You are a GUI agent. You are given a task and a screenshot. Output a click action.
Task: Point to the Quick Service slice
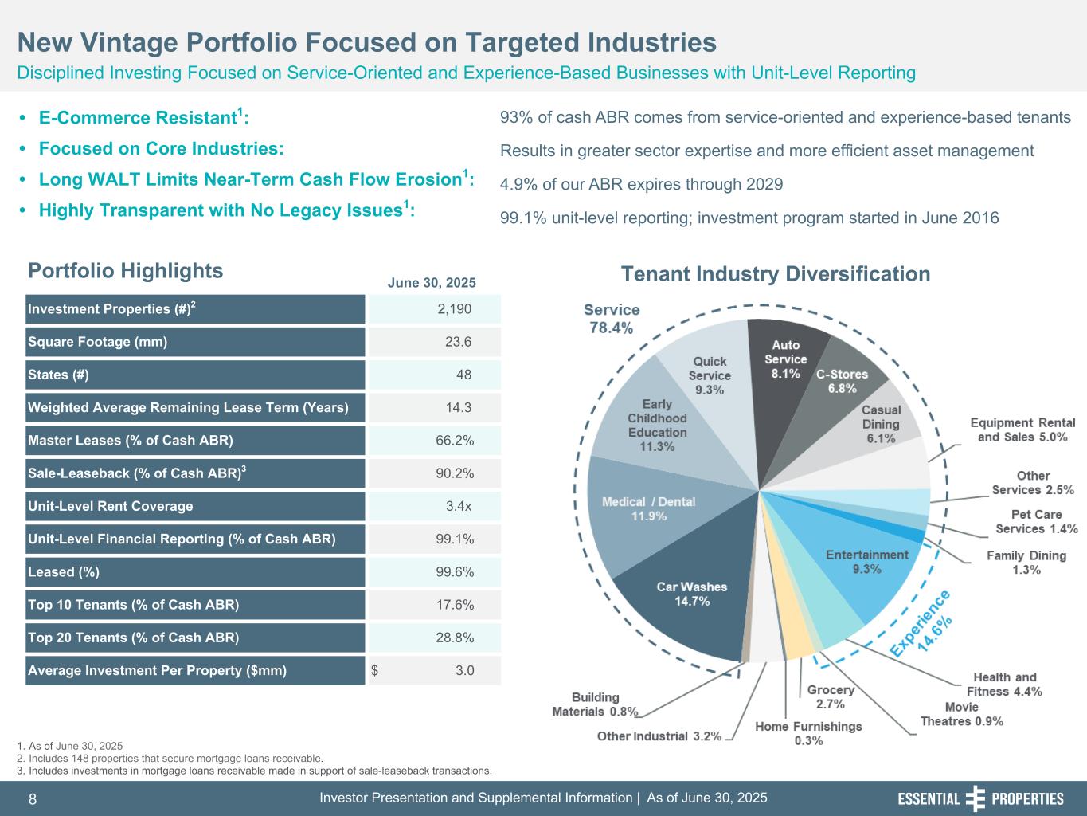[709, 375]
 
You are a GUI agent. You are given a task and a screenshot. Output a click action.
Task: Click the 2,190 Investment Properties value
[454, 309]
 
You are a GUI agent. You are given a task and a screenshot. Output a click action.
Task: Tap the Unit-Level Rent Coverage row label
[111, 506]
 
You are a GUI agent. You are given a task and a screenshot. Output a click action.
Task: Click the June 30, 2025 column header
[431, 283]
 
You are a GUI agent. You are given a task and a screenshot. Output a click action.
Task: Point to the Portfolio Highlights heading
[125, 271]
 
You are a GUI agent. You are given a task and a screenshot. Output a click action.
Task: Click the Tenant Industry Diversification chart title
[775, 274]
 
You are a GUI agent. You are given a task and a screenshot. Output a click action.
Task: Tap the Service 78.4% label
[612, 318]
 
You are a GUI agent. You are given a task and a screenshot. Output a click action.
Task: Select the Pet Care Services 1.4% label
[1036, 522]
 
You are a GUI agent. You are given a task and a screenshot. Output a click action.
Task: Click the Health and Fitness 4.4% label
[1004, 684]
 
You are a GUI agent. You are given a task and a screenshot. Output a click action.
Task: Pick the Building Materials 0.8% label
[595, 704]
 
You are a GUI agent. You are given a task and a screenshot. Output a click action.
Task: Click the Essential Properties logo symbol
[975, 798]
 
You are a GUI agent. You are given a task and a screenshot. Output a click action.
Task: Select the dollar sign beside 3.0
[375, 670]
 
